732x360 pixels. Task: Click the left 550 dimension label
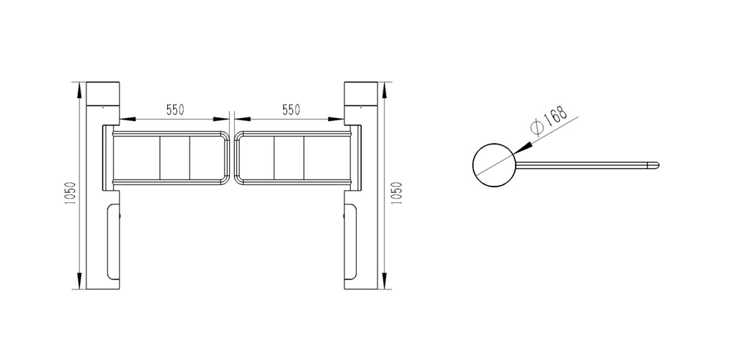[x=176, y=109]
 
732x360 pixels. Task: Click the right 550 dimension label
[x=291, y=109]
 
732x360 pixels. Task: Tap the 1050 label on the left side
[x=70, y=195]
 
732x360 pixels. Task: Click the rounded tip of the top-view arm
[x=656, y=165]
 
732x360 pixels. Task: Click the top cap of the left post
[x=103, y=94]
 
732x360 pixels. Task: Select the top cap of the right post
[x=361, y=94]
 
